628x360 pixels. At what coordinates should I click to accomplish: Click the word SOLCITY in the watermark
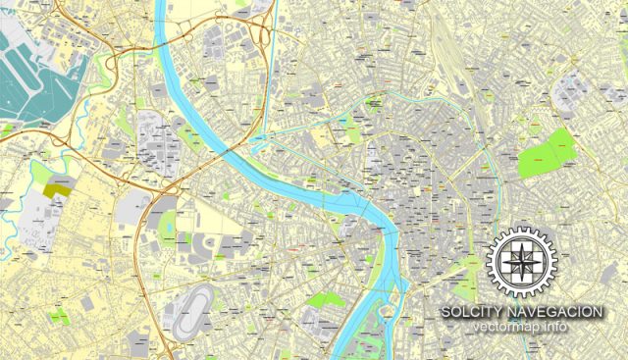[x=469, y=311]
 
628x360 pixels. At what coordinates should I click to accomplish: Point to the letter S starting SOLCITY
[x=445, y=311]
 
